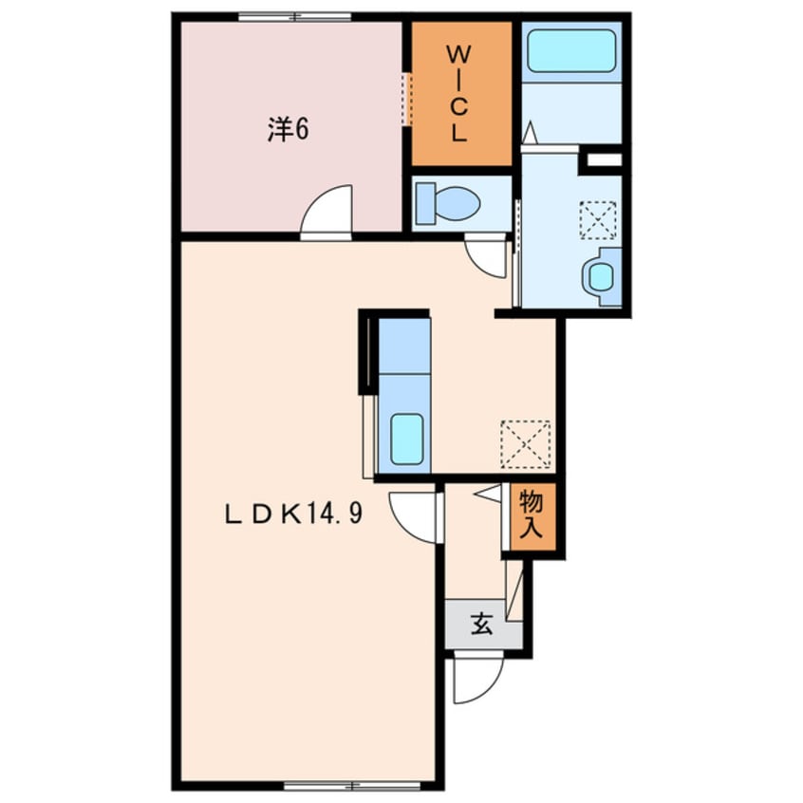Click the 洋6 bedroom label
(288, 129)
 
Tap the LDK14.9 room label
(294, 513)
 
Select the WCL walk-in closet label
(458, 94)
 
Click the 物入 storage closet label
(532, 514)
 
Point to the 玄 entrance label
(481, 624)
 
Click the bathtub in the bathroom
(571, 51)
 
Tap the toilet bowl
(448, 203)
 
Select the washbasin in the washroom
(601, 276)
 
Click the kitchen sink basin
(407, 439)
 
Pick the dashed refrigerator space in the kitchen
(526, 444)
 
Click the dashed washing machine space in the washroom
(598, 220)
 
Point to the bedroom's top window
(295, 16)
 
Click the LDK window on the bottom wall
(352, 785)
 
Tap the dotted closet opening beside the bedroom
(406, 99)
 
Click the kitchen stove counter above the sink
(404, 346)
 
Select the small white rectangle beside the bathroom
(605, 159)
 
